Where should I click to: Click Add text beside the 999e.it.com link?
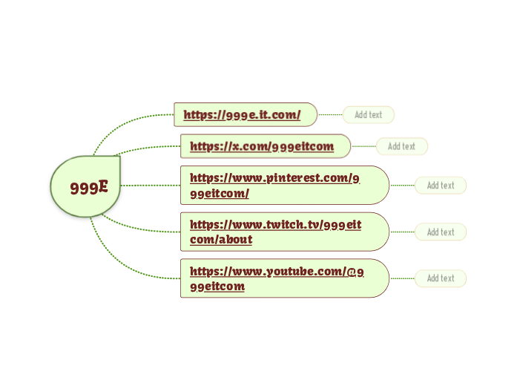368,115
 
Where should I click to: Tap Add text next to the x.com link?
401,146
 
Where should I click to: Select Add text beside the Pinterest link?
441,186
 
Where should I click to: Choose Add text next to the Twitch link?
441,232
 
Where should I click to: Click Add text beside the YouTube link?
441,278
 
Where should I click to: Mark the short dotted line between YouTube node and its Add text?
401,278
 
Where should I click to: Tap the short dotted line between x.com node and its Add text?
363,146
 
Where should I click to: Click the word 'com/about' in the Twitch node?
221,240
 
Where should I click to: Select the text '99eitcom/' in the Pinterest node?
220,194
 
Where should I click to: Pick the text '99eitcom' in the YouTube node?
217,287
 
